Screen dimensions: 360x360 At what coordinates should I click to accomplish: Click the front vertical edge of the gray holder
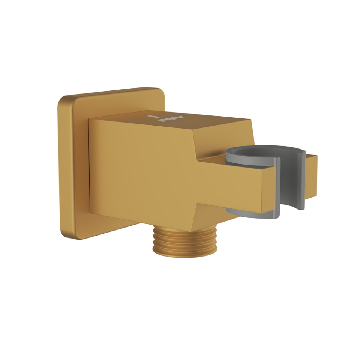point(277,187)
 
